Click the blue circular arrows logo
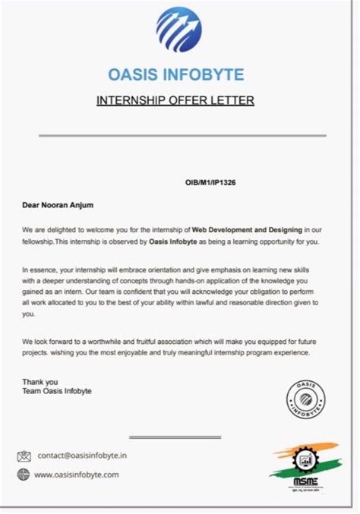[x=179, y=30]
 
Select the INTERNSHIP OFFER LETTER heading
[x=175, y=100]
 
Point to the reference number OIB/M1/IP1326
[x=215, y=183]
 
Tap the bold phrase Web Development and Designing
[x=247, y=229]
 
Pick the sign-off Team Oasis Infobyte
[x=57, y=391]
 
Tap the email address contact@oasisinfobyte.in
[x=82, y=456]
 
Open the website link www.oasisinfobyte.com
[x=77, y=475]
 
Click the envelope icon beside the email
[x=24, y=456]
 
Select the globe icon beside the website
[x=24, y=475]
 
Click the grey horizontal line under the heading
[x=182, y=136]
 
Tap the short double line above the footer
[x=175, y=437]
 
